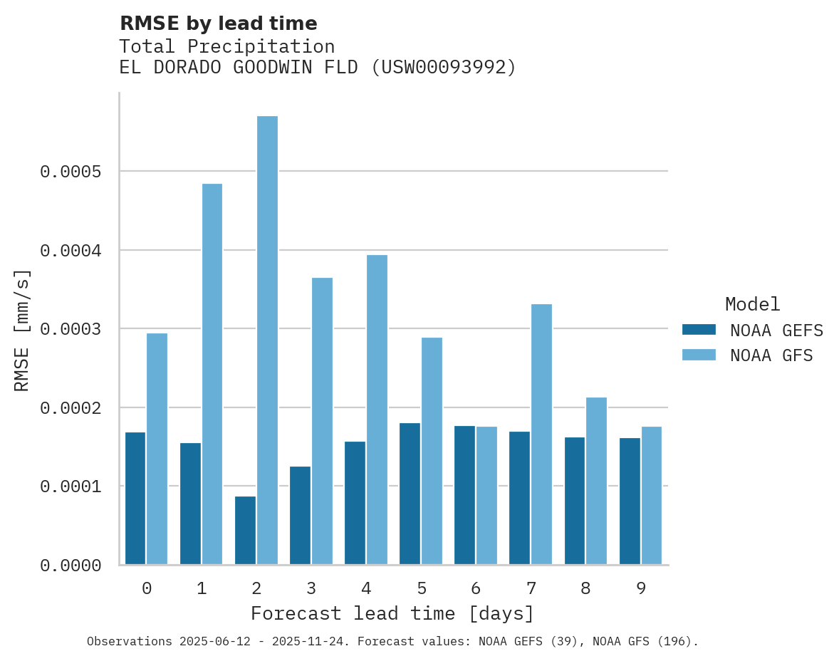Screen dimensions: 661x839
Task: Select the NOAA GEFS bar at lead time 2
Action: pos(245,531)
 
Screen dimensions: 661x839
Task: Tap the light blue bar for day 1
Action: pos(212,374)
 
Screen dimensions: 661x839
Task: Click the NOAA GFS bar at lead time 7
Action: pos(541,434)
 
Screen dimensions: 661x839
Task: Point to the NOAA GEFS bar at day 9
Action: pos(630,501)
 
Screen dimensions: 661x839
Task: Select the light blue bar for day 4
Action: pos(377,410)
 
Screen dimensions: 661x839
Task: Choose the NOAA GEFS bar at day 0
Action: pos(135,499)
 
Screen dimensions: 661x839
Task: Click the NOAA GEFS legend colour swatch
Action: pos(699,330)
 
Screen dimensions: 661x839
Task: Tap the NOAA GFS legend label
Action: pos(771,355)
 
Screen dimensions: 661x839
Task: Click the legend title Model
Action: pos(752,304)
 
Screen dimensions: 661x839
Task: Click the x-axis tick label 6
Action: pos(476,588)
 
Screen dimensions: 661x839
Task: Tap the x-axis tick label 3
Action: pos(311,588)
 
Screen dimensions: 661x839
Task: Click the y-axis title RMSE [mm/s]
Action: pos(22,330)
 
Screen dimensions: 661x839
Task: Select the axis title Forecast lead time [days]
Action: pos(392,613)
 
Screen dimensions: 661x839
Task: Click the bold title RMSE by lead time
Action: pos(218,24)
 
